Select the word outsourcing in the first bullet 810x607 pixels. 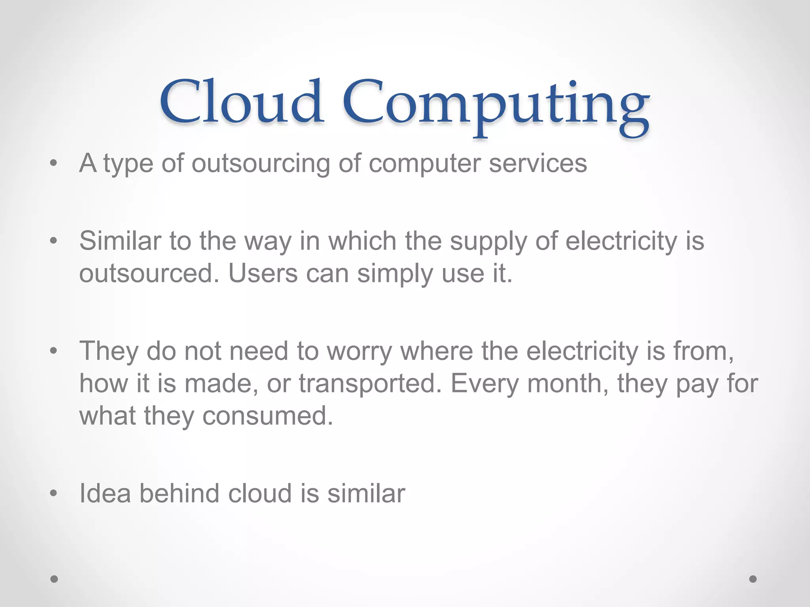[261, 163]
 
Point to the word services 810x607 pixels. [538, 163]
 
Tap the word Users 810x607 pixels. [263, 273]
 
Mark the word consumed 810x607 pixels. [268, 416]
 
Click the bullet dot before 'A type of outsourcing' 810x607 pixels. [54, 163]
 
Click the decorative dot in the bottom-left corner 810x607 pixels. [54, 579]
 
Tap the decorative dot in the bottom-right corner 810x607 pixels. [753, 579]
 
